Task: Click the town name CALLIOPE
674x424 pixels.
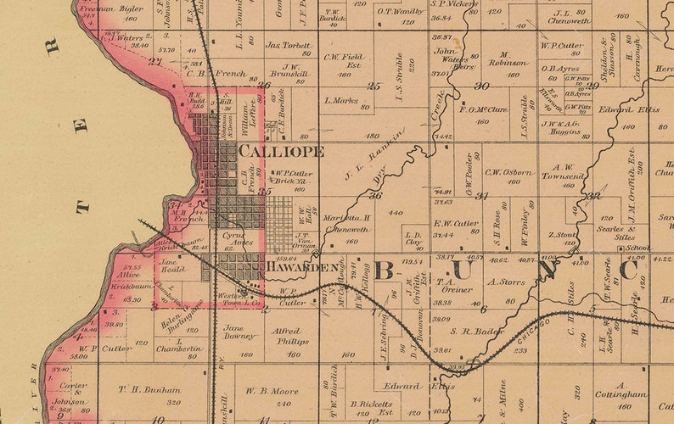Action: [281, 151]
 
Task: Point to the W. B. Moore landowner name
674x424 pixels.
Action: [272, 391]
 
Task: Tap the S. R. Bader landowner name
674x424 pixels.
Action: [477, 332]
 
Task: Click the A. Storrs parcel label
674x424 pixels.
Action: [508, 282]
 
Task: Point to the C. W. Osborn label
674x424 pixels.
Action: [509, 172]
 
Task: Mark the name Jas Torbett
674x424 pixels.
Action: [288, 45]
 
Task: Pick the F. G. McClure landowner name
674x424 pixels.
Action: [482, 109]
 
